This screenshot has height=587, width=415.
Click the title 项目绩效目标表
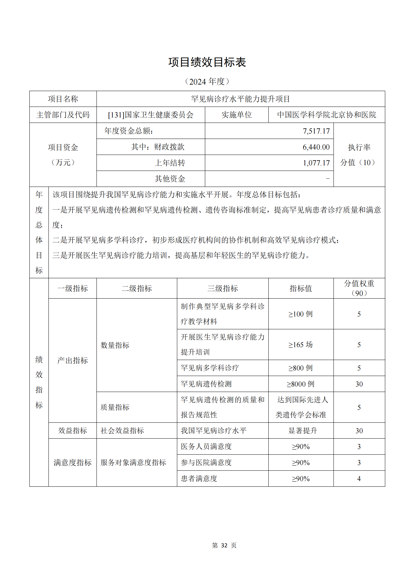point(207,62)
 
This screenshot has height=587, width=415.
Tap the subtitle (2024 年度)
point(207,82)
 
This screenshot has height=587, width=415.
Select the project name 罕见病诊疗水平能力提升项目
point(240,99)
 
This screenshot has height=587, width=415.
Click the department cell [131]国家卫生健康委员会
point(151,115)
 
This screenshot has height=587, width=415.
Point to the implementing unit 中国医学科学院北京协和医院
point(326,115)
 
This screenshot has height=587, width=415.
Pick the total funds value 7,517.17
point(316,131)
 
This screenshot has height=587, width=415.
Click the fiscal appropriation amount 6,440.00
point(316,147)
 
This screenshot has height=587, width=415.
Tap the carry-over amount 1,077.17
point(316,163)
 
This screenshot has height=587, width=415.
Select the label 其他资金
point(170,179)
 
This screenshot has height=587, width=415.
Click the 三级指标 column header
point(222,288)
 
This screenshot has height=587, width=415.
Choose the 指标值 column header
point(301,288)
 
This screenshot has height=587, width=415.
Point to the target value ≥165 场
point(301,345)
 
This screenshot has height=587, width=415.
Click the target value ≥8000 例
point(301,384)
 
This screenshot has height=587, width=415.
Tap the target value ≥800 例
point(301,368)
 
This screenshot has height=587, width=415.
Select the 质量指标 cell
point(115,407)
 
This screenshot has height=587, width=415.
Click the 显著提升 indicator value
point(303,431)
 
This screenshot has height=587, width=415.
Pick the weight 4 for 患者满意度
point(359,479)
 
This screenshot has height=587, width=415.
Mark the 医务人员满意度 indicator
point(206,446)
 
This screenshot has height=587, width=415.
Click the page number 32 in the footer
point(224,546)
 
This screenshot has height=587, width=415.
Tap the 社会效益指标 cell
point(122,431)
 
